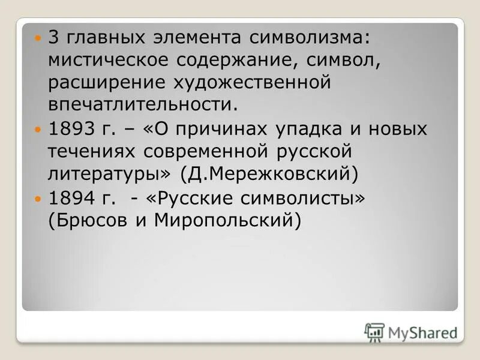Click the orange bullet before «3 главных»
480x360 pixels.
point(39,38)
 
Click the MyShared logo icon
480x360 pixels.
point(374,332)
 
